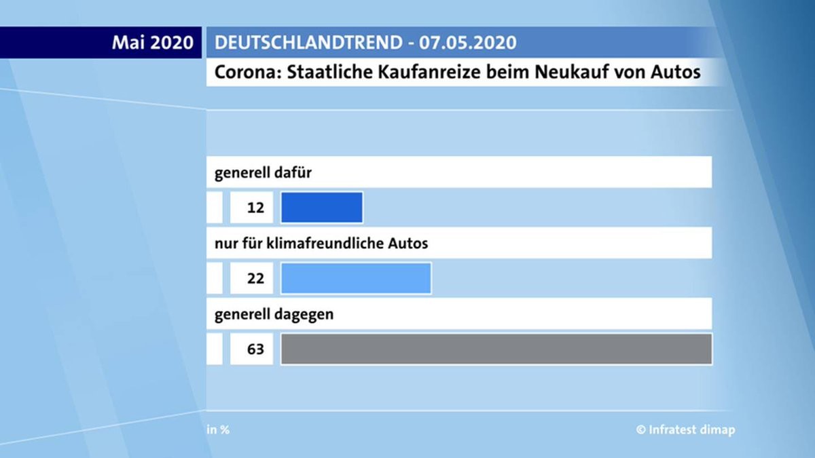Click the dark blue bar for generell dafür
coord(321,208)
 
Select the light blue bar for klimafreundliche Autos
coord(356,278)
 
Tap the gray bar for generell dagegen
coord(496,349)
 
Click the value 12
coord(255,208)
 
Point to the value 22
coord(255,278)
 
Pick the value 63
coord(255,349)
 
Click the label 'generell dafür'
coord(263,172)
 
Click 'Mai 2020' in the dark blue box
coord(153,43)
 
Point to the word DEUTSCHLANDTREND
coord(308,43)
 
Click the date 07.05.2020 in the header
coord(467,43)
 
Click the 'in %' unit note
coord(218,430)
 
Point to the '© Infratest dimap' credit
coord(685,430)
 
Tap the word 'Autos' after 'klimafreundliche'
coord(409,243)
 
